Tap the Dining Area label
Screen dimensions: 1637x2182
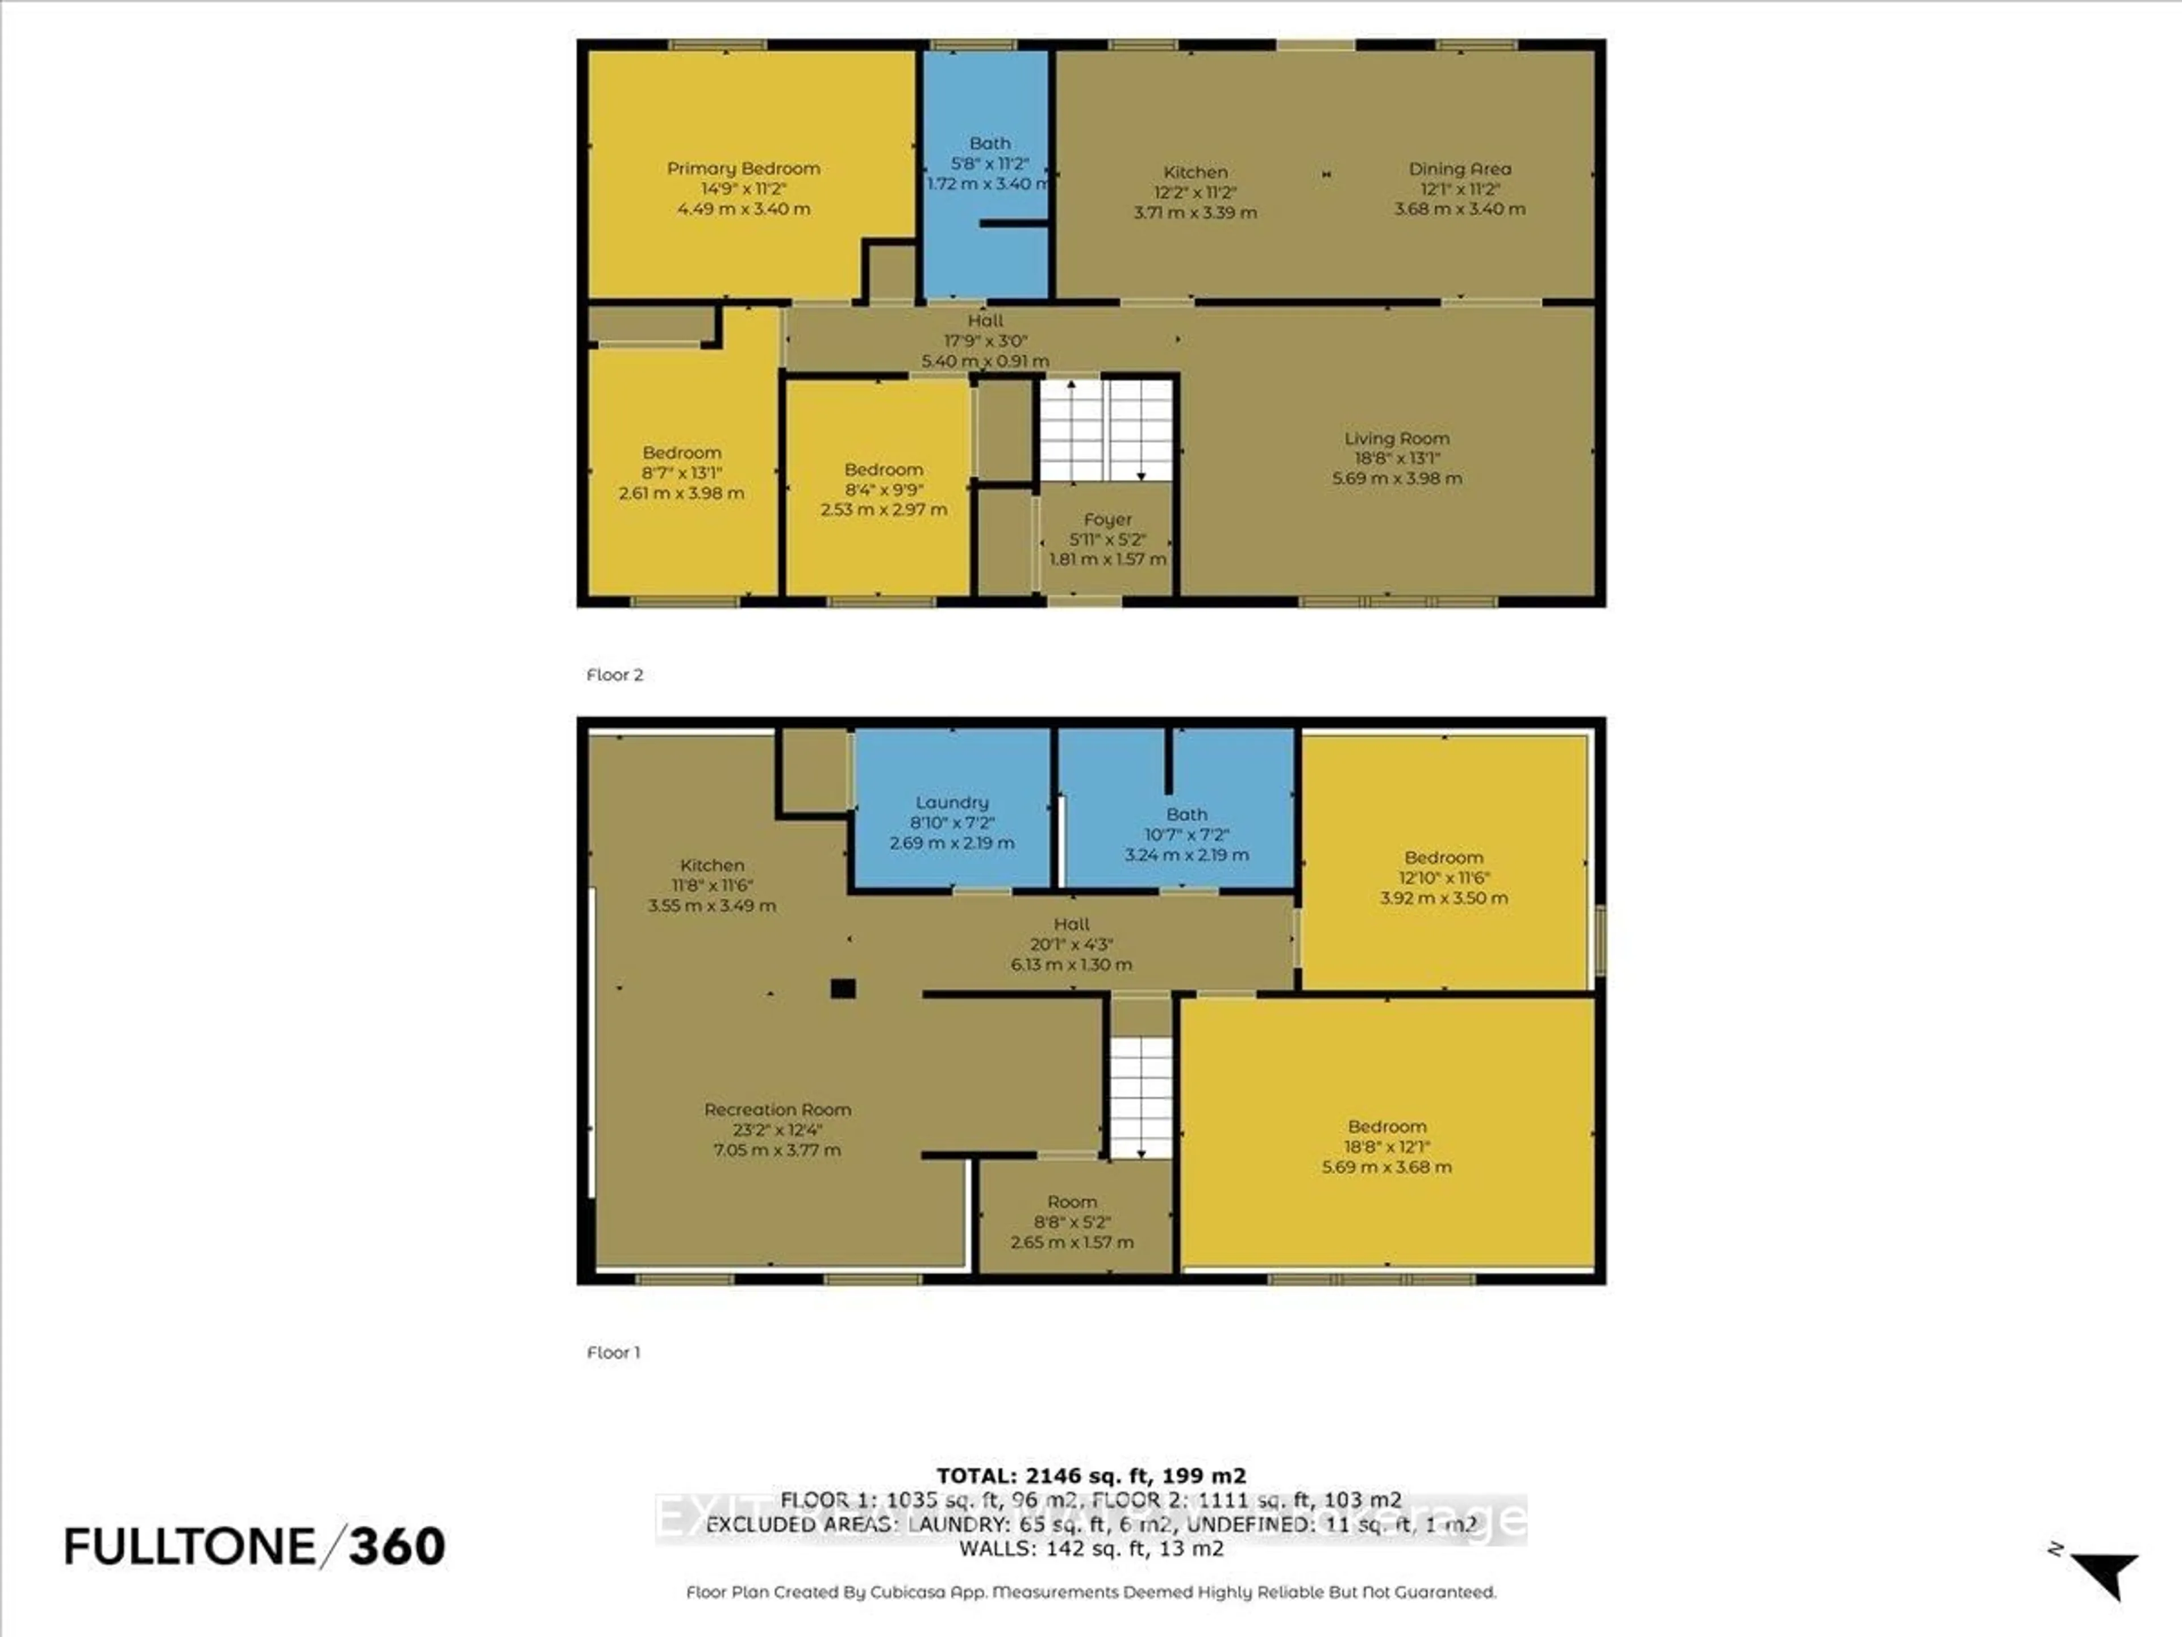point(1459,169)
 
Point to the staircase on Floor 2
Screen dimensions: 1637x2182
point(1106,430)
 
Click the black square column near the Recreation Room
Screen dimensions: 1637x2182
point(843,988)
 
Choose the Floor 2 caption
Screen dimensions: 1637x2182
point(615,675)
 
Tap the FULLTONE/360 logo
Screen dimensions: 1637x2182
point(255,1546)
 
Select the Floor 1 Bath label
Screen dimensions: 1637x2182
point(1186,814)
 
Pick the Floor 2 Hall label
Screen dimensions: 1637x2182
point(985,321)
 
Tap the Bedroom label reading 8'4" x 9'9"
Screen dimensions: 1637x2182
point(883,470)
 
